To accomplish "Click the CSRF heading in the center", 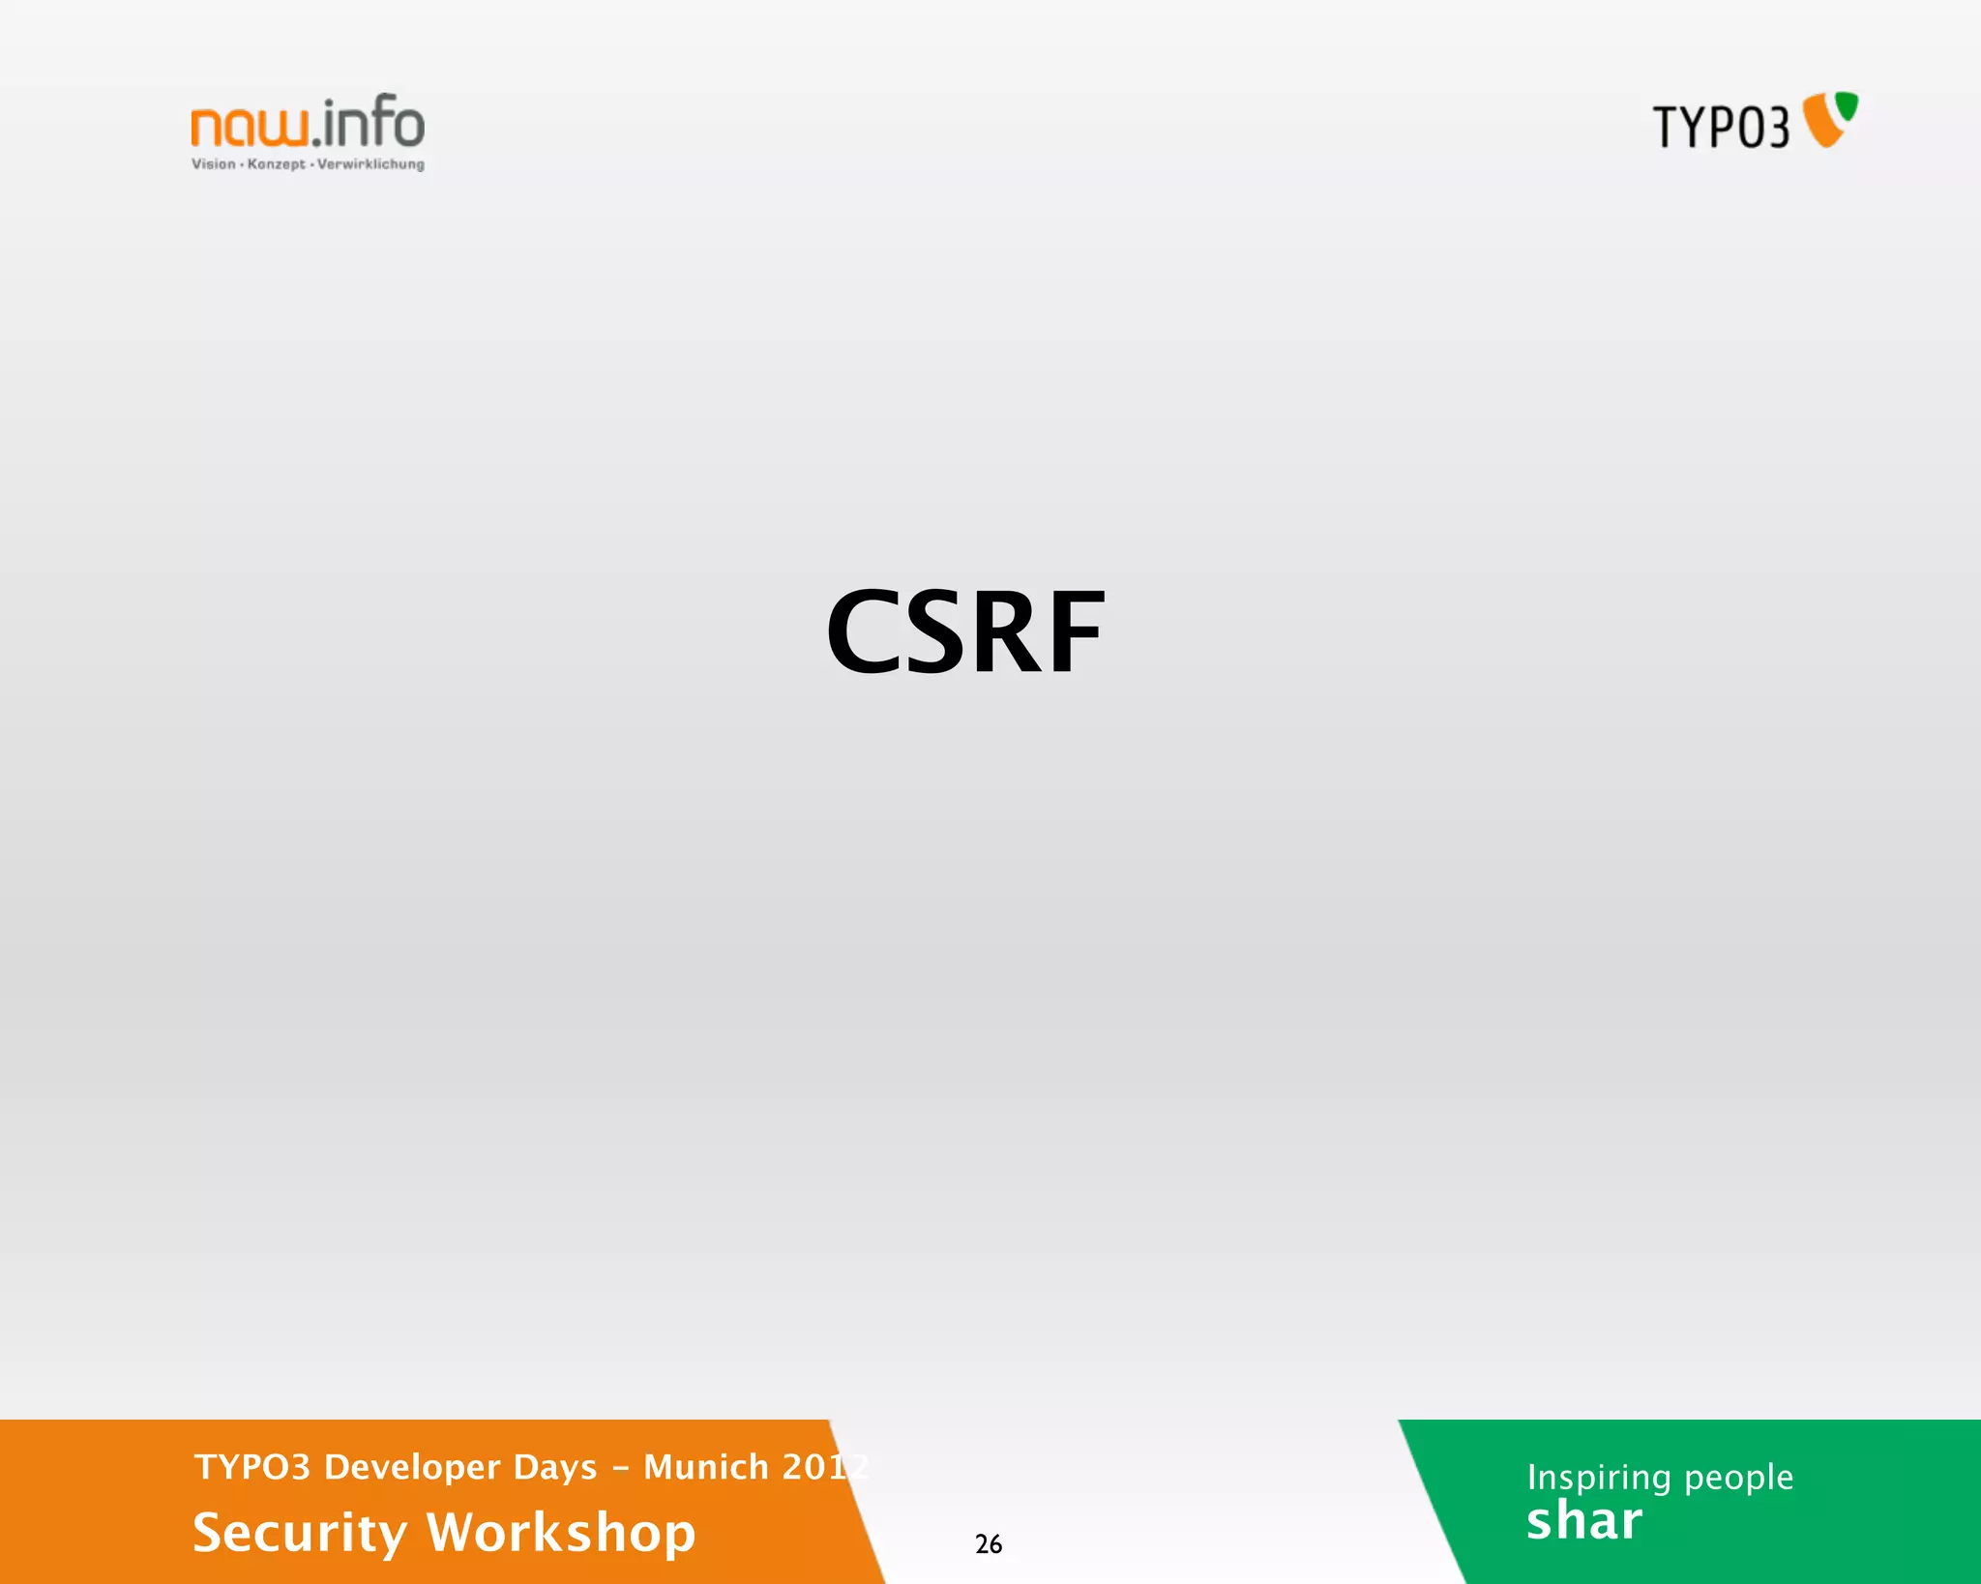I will (x=965, y=632).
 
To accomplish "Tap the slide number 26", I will (x=988, y=1544).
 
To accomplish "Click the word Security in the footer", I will (x=300, y=1533).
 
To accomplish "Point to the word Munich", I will (x=706, y=1467).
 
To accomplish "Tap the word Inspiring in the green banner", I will (x=1599, y=1478).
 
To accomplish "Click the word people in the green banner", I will (x=1738, y=1478).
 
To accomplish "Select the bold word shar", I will (x=1584, y=1521).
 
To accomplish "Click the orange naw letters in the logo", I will (x=250, y=127).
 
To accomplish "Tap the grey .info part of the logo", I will (x=369, y=123).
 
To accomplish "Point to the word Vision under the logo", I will (x=213, y=164).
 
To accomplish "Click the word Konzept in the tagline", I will (x=277, y=164).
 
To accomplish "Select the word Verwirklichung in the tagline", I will (x=370, y=164).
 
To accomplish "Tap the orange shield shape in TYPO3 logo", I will (x=1821, y=126).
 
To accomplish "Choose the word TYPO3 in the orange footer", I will (x=252, y=1467).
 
